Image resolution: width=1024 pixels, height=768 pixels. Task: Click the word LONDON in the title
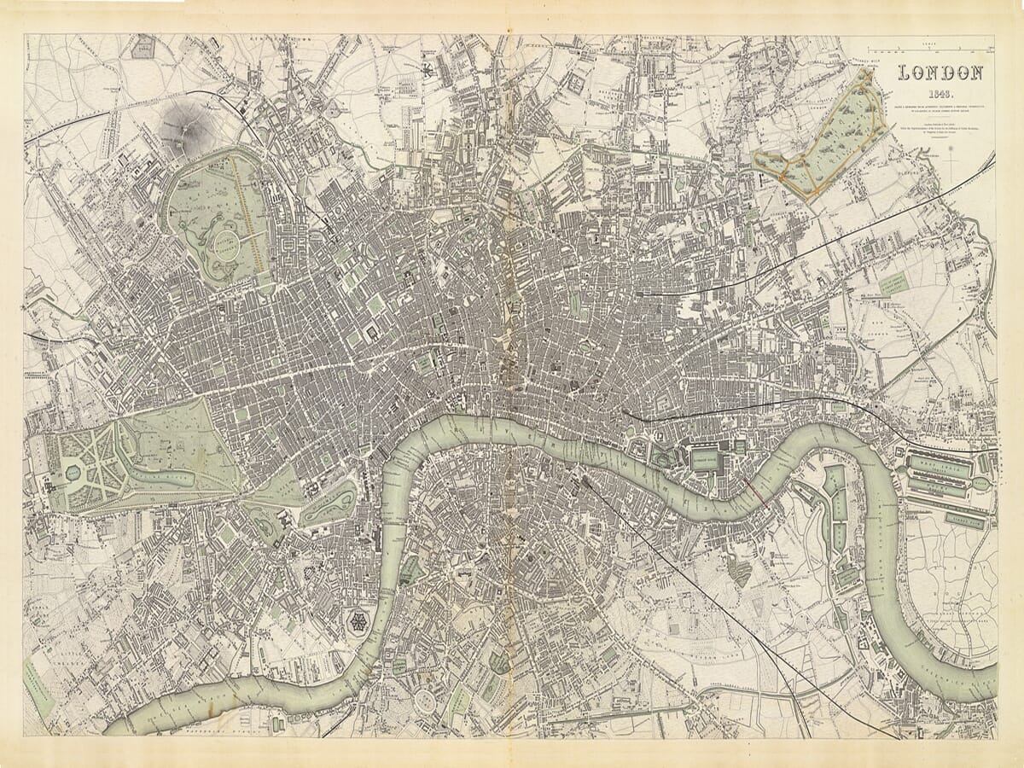coord(940,73)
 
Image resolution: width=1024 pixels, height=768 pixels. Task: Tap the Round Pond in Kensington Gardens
coord(73,472)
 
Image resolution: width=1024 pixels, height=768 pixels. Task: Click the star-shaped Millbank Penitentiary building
coord(358,620)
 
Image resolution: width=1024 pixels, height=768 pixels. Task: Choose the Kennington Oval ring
coord(425,701)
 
